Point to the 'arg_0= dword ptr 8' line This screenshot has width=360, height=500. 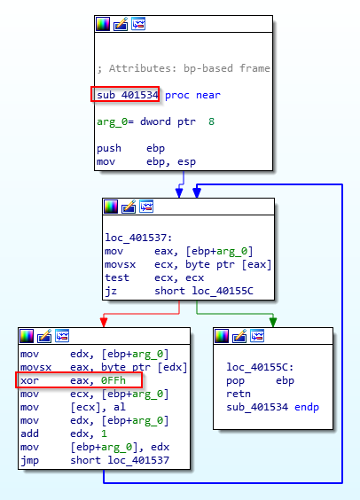tap(155, 121)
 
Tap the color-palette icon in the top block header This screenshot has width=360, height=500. tap(103, 24)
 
